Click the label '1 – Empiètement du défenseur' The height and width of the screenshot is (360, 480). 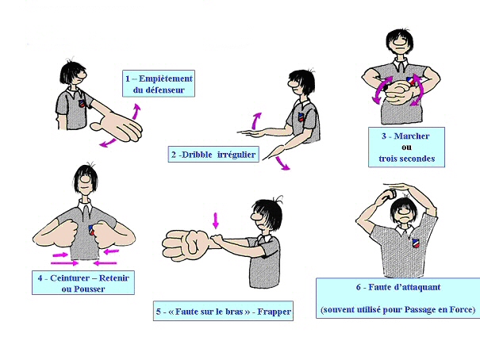(x=159, y=84)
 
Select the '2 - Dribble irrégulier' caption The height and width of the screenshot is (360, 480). (x=213, y=155)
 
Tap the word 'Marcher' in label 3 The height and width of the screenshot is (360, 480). (x=412, y=136)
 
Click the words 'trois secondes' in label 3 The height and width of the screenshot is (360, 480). (x=406, y=159)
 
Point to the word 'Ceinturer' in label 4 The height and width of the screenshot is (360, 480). (x=69, y=278)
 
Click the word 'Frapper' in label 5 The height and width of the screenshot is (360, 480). (x=274, y=312)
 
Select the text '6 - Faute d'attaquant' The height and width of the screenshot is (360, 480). (x=398, y=287)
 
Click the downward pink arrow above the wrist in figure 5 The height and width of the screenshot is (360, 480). (x=216, y=220)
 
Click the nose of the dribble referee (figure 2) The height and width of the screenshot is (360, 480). (x=291, y=82)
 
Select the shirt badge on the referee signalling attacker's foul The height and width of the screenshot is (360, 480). (x=416, y=243)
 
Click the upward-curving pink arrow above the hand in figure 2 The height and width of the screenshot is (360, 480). (x=255, y=121)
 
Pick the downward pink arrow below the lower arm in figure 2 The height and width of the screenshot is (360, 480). (x=282, y=163)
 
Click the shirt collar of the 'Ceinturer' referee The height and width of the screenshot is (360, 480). (x=85, y=205)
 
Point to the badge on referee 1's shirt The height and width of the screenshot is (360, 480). (x=82, y=103)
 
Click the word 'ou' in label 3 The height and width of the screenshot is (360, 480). (x=406, y=147)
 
